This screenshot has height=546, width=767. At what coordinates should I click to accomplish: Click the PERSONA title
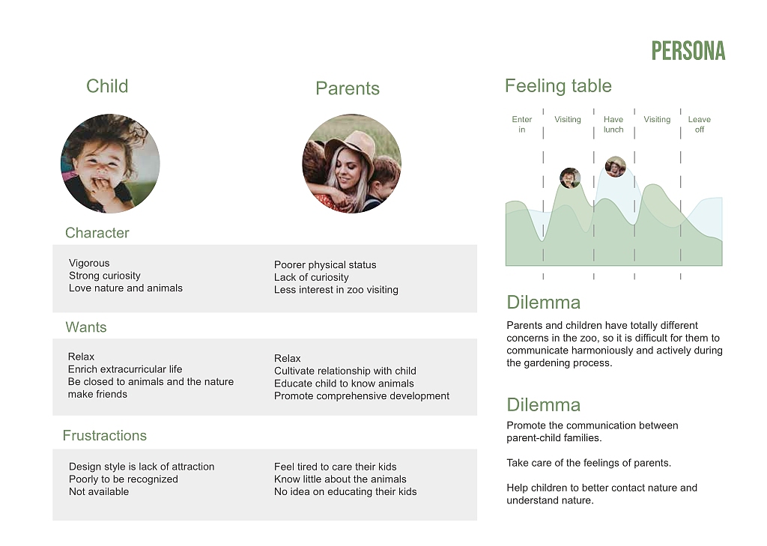tap(688, 51)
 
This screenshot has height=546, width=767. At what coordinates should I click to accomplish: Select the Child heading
tap(107, 86)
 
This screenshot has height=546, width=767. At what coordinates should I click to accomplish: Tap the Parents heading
tap(348, 88)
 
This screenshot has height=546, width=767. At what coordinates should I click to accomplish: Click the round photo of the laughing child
tap(110, 163)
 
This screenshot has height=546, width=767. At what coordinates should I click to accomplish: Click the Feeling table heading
tap(558, 85)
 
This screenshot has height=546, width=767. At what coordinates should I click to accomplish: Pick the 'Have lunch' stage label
tap(613, 124)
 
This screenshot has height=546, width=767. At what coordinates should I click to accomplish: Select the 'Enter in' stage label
tap(522, 124)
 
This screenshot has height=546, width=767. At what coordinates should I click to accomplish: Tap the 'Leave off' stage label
tap(700, 124)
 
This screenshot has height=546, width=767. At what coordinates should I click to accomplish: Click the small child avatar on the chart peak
tap(570, 178)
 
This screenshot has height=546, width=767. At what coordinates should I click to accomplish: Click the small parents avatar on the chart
tap(616, 167)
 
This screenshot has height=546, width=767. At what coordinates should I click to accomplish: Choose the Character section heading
tap(97, 233)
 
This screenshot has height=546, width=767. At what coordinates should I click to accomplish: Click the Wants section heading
tap(86, 327)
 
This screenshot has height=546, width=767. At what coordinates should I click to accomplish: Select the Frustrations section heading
tap(105, 435)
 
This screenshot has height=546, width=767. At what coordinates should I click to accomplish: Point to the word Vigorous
tap(89, 263)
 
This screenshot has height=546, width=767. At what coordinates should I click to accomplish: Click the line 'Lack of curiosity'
tap(311, 277)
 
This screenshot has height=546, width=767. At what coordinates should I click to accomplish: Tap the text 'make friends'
tap(97, 394)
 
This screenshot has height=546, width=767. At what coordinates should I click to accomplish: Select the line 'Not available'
tap(99, 491)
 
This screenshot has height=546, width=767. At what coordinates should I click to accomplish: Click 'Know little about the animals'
tap(340, 479)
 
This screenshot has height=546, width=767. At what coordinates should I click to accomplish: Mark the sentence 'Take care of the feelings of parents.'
tap(589, 463)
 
